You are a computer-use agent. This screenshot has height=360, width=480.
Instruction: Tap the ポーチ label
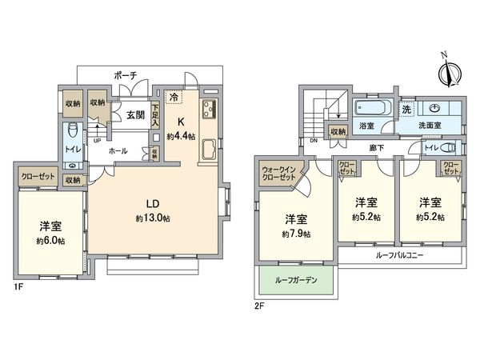(x=126, y=74)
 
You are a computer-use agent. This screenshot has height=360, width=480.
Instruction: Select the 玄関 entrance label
(x=134, y=115)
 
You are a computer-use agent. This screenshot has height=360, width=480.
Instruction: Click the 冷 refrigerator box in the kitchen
(x=174, y=98)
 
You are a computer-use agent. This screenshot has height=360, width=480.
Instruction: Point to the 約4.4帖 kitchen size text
(x=181, y=137)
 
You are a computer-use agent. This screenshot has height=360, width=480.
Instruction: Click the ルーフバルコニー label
(x=400, y=255)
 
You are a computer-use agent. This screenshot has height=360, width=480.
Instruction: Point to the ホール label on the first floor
(x=117, y=150)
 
